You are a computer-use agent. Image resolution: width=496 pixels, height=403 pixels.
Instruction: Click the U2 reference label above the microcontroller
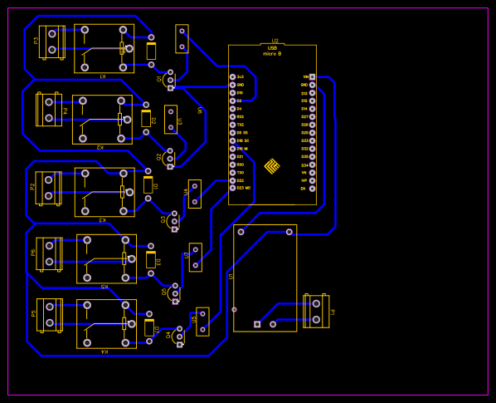tap(275, 41)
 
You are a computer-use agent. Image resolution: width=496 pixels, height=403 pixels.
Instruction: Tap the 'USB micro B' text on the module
tap(272, 51)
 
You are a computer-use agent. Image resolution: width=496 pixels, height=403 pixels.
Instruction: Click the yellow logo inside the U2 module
tap(272, 166)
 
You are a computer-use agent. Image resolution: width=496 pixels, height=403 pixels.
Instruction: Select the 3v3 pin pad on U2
tap(233, 76)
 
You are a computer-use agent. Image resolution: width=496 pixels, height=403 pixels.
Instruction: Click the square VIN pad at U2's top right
tap(312, 76)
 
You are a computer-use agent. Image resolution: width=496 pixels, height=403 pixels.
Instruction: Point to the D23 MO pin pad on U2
tap(233, 188)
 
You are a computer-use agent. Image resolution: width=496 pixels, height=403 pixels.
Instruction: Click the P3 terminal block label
tap(36, 40)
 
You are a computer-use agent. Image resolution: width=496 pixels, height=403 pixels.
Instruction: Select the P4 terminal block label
tap(65, 110)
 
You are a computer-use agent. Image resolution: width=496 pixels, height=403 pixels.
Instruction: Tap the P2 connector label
tap(32, 186)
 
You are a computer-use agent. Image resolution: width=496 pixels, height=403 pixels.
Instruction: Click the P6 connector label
tap(33, 253)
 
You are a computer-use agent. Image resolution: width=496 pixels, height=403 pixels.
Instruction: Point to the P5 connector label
tap(33, 313)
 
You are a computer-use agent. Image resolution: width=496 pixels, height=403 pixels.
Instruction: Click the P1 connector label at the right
tap(333, 312)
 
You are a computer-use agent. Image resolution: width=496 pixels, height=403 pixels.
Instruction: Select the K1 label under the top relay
tap(103, 76)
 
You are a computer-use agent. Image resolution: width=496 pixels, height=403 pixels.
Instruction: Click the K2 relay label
tap(100, 147)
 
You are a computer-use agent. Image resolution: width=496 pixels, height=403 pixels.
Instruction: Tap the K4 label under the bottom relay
tap(105, 351)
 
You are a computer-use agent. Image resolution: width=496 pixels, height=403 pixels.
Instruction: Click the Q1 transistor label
tap(160, 79)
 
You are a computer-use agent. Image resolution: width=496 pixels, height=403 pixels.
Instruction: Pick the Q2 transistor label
tap(159, 156)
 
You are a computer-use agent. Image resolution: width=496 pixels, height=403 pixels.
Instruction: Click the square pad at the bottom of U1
tap(257, 324)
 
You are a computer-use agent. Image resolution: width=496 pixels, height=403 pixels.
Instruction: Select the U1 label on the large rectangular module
tap(231, 276)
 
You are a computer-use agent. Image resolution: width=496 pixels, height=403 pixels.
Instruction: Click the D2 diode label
tap(153, 120)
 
